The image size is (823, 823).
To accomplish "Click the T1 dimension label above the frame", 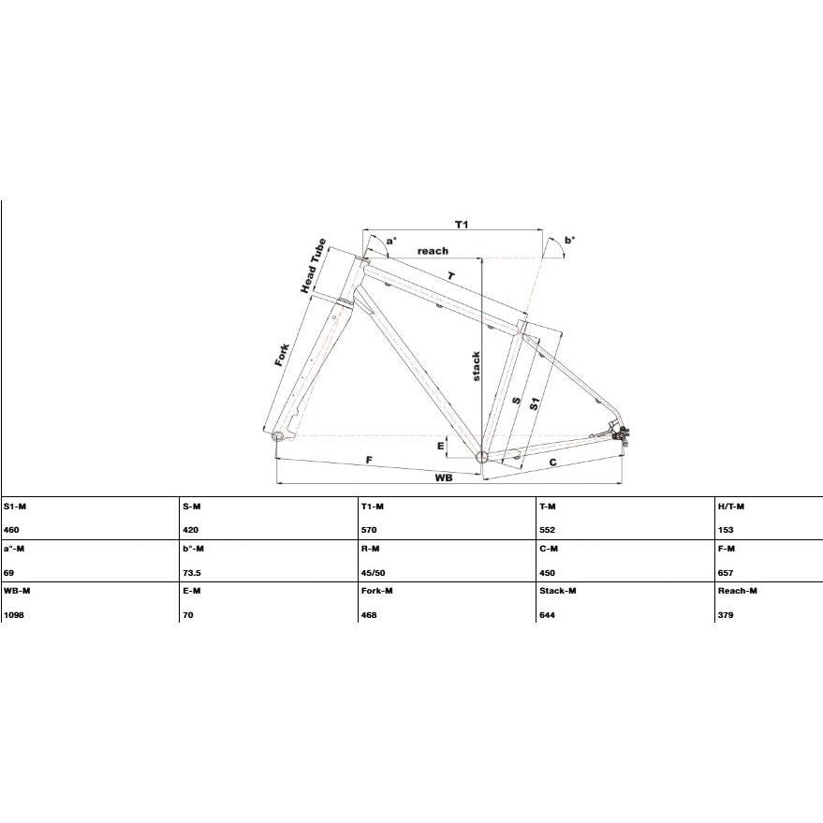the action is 462,225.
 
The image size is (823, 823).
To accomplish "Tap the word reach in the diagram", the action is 433,251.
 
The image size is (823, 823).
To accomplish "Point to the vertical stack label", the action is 476,366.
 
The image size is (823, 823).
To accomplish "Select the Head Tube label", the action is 314,266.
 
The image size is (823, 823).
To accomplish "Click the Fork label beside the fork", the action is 282,355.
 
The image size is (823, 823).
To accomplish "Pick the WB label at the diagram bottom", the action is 444,478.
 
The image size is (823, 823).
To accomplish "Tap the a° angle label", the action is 391,241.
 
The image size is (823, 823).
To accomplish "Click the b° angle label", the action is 569,241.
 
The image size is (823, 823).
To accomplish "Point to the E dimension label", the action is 440,446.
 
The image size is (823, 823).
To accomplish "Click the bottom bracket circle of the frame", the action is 482,457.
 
